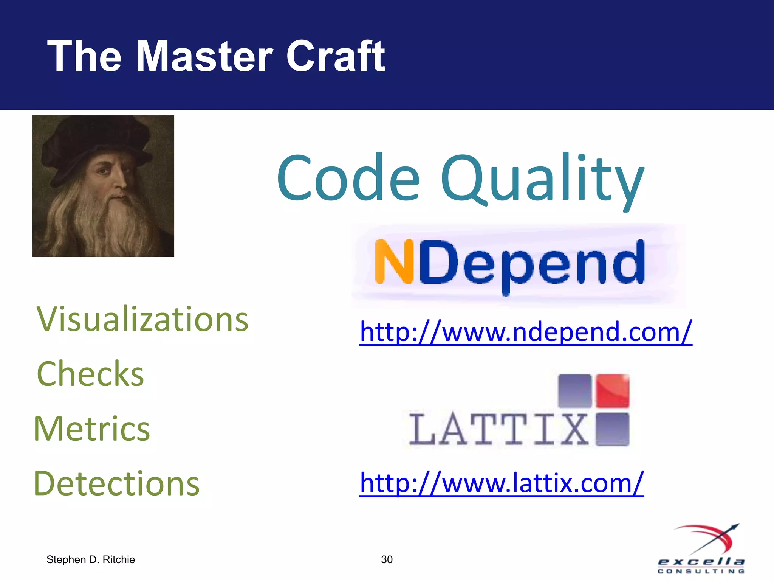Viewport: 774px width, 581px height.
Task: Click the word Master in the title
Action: point(204,57)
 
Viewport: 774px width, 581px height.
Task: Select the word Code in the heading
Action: point(348,178)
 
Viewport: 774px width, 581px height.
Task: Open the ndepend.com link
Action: point(526,332)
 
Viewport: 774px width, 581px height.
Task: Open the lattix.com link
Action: point(502,483)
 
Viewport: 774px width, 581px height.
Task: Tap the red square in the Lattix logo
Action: point(613,391)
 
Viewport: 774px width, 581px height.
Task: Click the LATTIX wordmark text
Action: point(499,430)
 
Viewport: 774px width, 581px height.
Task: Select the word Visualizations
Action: point(142,320)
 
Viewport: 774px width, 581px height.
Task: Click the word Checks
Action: point(90,374)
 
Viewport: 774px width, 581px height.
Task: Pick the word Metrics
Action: point(92,429)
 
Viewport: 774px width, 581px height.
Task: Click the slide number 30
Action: point(387,559)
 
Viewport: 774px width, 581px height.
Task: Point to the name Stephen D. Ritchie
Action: point(91,559)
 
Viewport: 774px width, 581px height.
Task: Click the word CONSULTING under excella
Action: point(701,571)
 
